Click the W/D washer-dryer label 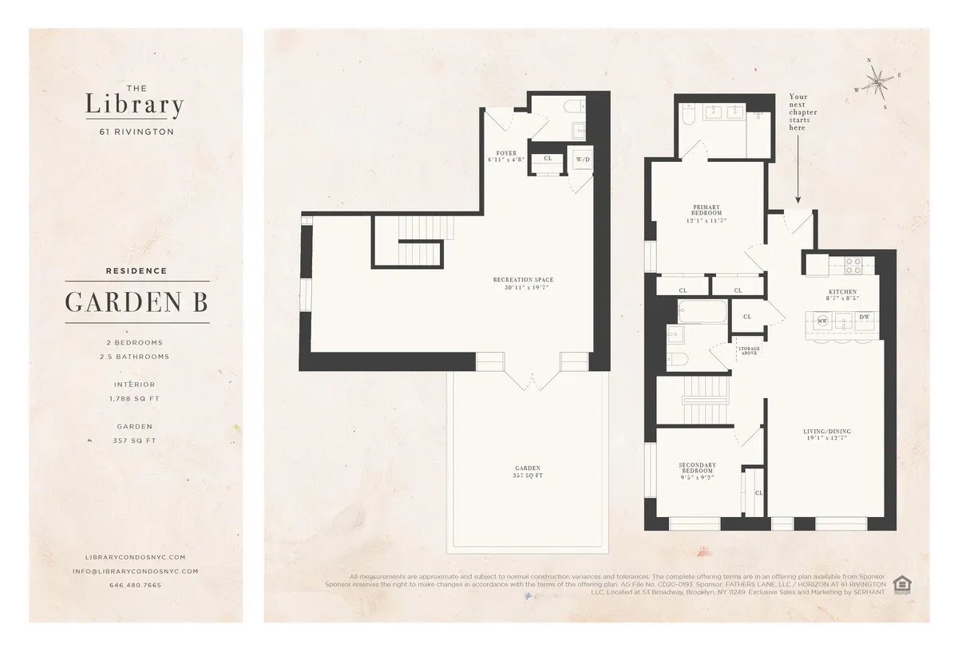583,160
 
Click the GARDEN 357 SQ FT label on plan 528,472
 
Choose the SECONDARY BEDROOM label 697,468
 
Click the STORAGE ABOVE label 749,351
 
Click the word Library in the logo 135,105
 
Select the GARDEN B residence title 137,302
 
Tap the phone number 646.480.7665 135,585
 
